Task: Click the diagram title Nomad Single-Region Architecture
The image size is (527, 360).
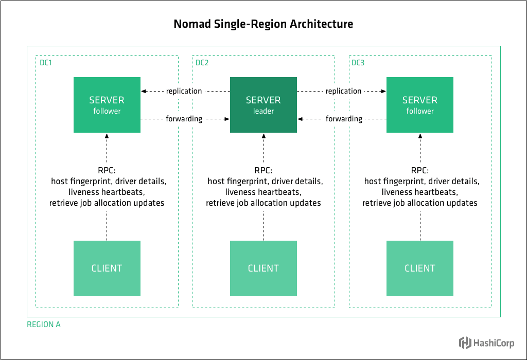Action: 263,24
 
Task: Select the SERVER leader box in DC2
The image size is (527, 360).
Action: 263,104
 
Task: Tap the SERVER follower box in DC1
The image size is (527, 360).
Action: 107,104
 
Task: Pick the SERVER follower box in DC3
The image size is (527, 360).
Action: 419,104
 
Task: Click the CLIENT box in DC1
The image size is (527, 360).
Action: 107,268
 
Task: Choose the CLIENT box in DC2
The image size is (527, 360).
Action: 263,268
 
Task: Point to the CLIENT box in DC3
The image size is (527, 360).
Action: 419,268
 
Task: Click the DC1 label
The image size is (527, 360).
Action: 46,63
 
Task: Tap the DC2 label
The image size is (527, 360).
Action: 202,63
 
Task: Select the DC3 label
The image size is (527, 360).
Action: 358,63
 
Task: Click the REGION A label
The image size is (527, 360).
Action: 43,325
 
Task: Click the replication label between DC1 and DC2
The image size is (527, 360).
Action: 184,91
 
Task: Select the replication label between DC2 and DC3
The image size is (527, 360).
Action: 343,91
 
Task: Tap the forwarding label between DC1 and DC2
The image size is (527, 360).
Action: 184,119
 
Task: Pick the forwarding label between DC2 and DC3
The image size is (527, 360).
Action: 344,119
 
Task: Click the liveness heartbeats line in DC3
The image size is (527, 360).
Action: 419,192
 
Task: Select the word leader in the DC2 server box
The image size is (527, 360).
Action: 263,111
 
